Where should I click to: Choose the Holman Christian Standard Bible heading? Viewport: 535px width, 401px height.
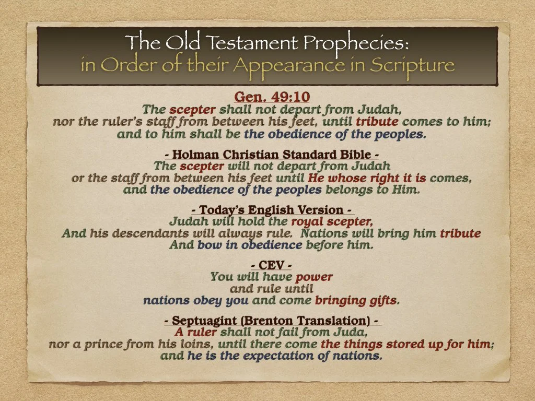[271, 155]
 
